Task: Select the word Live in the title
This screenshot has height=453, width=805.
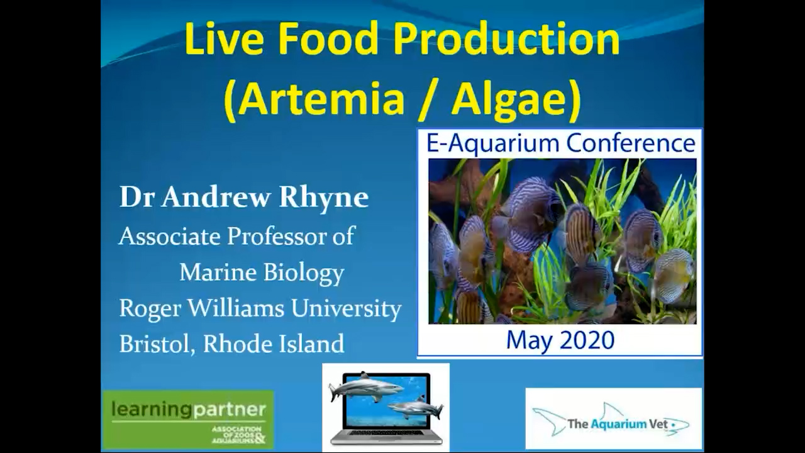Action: (x=225, y=39)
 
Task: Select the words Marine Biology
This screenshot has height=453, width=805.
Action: (x=262, y=273)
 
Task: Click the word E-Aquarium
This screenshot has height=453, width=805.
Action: (x=492, y=144)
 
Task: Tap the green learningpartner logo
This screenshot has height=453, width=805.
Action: (x=188, y=419)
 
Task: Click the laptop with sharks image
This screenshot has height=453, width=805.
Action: (x=386, y=407)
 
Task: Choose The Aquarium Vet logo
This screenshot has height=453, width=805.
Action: (x=613, y=418)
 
